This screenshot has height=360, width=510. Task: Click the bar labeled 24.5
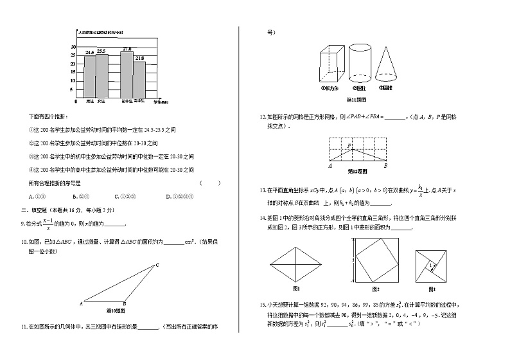tap(89, 76)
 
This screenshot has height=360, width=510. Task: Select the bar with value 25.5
tap(101, 75)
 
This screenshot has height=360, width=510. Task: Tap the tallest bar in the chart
tap(127, 73)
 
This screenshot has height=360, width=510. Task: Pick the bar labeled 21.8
tap(139, 78)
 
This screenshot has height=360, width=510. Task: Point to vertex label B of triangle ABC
tap(125, 304)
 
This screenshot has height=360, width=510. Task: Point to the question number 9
tap(22, 224)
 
